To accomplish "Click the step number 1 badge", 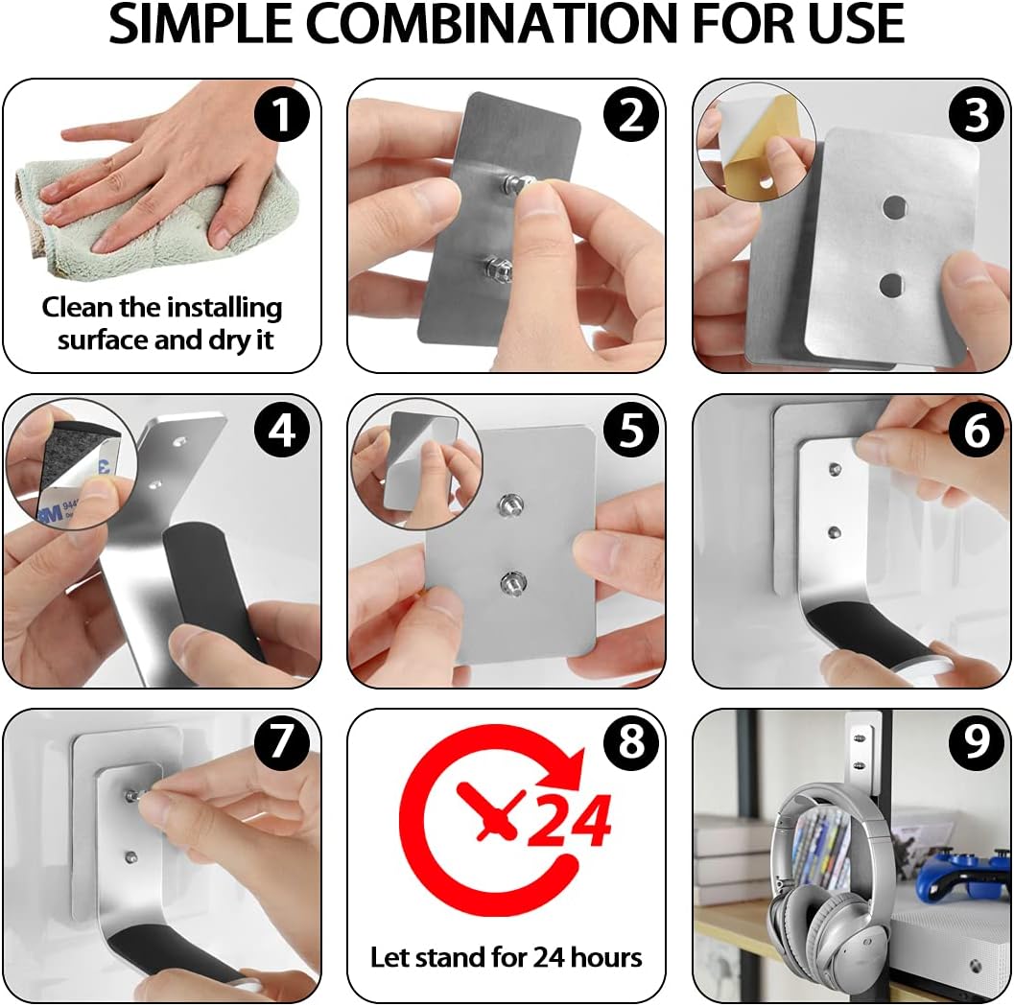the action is point(281,114).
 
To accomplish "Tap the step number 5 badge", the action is point(631,430).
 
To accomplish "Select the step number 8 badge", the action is point(631,741).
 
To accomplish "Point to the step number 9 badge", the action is point(977,741).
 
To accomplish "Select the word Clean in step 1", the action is point(78,307).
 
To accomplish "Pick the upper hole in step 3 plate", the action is point(895,207).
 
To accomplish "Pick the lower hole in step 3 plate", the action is point(891,284).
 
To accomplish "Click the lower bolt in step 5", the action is point(512,582).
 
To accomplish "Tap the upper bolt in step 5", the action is point(510,505).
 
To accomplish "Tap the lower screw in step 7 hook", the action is point(131,857).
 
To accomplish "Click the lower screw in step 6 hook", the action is point(835,533).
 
